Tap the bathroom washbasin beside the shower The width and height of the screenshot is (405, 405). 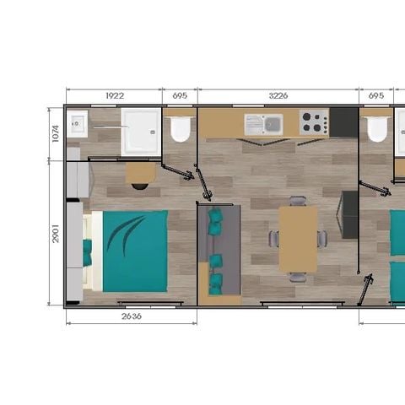point(78,127)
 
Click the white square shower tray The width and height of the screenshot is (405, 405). point(140,131)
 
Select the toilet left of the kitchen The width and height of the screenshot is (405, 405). point(180,129)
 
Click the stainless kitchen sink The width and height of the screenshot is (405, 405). point(263,125)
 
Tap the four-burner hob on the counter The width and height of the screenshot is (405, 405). point(313,124)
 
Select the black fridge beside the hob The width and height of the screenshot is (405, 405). point(343,122)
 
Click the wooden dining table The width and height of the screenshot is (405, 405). point(298,239)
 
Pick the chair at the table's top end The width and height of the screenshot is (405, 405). point(298,201)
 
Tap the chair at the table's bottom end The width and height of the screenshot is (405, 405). point(298,277)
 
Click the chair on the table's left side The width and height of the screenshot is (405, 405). point(274,239)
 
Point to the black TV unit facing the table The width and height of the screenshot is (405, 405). point(349,214)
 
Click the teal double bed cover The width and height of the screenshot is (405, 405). point(135,251)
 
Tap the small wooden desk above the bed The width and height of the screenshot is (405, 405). point(140,172)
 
